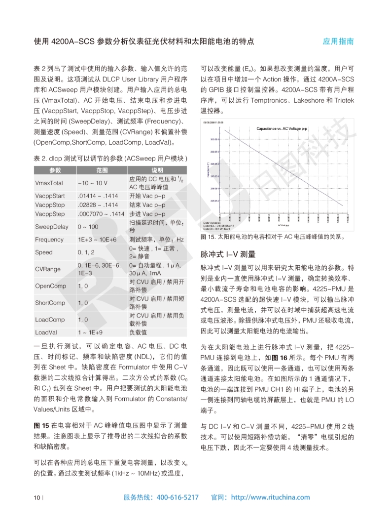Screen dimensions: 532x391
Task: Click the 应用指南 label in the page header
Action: (x=338, y=41)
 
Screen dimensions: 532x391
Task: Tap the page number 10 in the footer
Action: (x=36, y=497)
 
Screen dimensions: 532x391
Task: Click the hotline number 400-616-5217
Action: (x=178, y=497)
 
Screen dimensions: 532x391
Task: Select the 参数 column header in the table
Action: (x=55, y=170)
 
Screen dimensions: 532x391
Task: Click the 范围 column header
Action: (x=102, y=170)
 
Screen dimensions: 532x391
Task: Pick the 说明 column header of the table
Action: (x=156, y=170)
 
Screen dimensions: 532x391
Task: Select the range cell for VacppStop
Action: (x=98, y=205)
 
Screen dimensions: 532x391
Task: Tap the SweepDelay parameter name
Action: (x=52, y=227)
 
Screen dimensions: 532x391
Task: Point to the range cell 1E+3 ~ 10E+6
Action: (x=97, y=240)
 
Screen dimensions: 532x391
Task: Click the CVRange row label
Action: (x=48, y=269)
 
